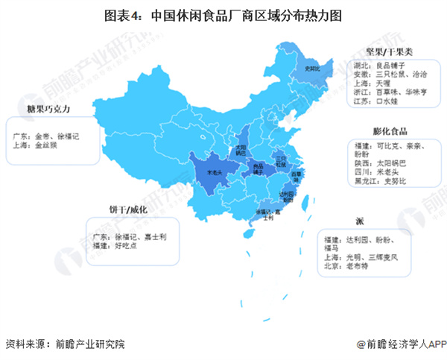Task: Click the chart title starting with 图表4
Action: pyautogui.click(x=224, y=14)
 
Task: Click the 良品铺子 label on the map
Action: pyautogui.click(x=259, y=168)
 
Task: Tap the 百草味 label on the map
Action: pyautogui.click(x=296, y=176)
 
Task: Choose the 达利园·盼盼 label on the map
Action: pyautogui.click(x=287, y=197)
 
